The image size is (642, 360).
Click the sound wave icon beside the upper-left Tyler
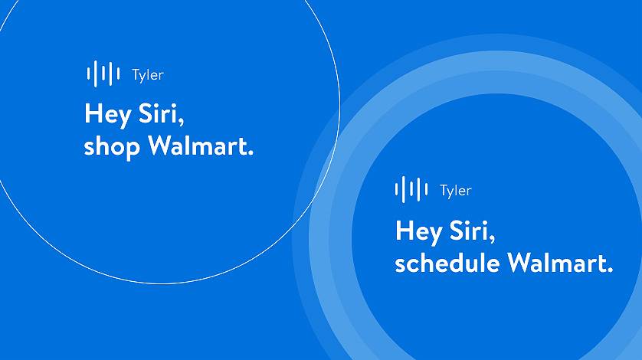103,74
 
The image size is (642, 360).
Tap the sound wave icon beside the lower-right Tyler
411,190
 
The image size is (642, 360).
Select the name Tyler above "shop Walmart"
147,75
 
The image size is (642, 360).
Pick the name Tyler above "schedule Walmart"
455,191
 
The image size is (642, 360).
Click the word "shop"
112,146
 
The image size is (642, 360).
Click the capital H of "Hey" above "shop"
93,114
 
